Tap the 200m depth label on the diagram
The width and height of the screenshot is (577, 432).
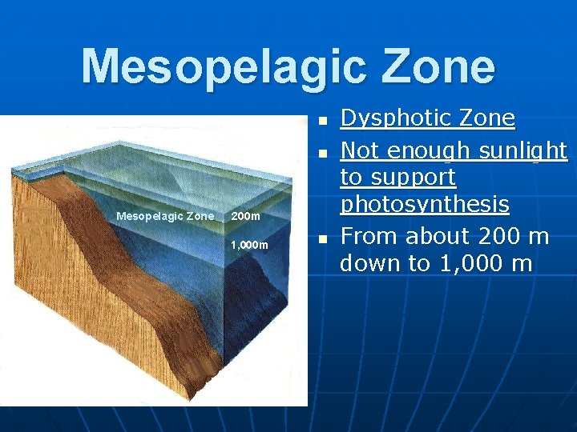tap(244, 216)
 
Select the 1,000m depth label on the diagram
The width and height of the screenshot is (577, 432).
tap(249, 244)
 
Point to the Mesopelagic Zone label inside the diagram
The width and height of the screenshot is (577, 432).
tap(165, 216)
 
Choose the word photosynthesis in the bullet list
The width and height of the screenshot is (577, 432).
tap(425, 206)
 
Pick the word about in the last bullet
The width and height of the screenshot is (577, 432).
tap(437, 236)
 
